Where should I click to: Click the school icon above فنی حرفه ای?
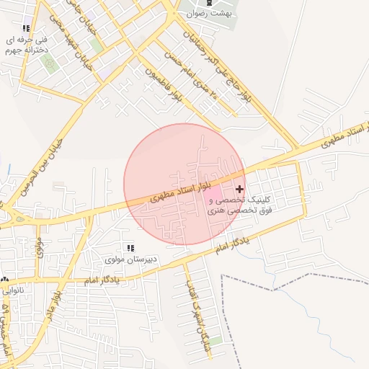point(27,28)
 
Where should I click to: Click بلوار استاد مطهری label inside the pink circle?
point(181,191)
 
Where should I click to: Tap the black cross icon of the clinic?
point(240,189)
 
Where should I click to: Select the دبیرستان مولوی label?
point(130,259)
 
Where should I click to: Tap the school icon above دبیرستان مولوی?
point(130,248)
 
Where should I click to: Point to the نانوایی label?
point(12,290)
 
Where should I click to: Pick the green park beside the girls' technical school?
point(49,62)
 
